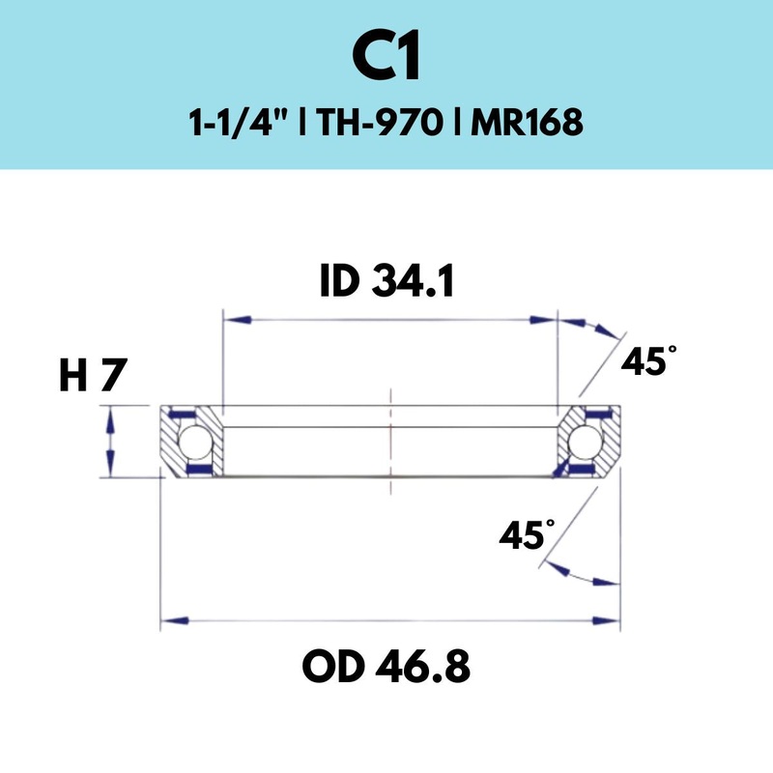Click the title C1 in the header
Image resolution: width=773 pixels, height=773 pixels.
[x=386, y=59]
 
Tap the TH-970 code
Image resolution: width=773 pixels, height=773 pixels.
[x=386, y=125]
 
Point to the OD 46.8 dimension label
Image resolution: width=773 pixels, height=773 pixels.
[x=386, y=666]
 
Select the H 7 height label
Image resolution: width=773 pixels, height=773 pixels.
[x=94, y=375]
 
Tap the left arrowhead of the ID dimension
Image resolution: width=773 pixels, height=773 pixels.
[x=238, y=318]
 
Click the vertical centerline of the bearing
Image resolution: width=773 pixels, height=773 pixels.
[x=389, y=435]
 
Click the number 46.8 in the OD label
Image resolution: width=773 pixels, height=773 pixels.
[x=421, y=666]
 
